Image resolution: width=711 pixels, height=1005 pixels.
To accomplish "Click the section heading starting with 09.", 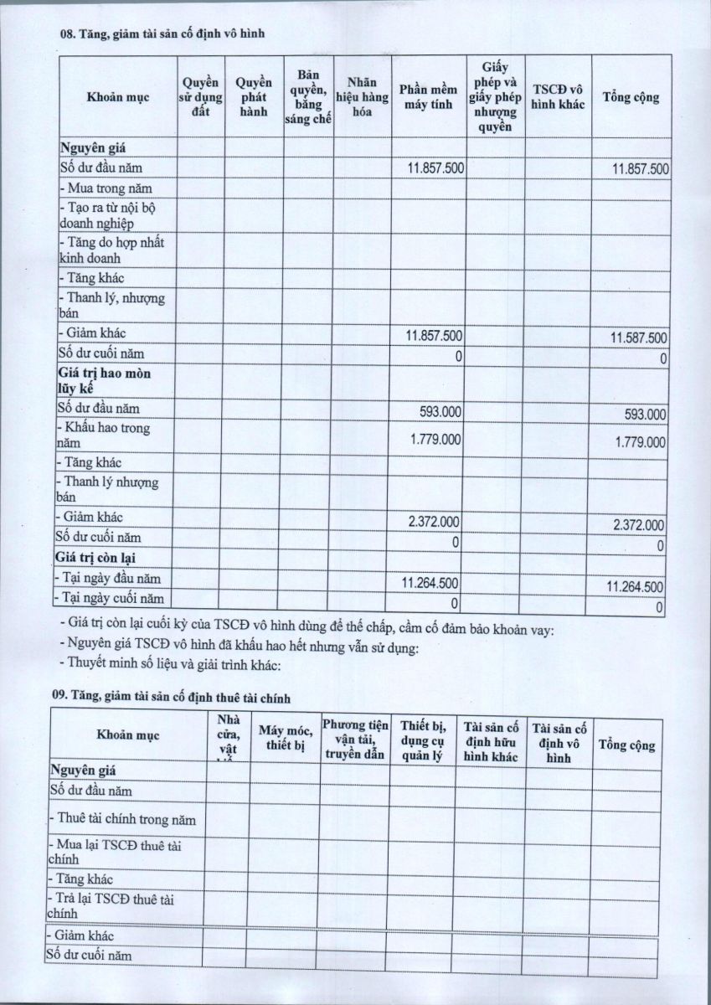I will (172, 694).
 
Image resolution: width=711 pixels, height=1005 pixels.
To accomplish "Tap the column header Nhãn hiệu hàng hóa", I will (362, 96).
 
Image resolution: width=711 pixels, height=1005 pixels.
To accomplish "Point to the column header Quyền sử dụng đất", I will (201, 96).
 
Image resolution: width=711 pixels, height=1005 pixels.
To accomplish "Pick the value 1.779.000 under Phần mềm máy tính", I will (434, 439).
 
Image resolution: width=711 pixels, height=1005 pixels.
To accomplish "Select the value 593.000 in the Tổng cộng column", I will (645, 414).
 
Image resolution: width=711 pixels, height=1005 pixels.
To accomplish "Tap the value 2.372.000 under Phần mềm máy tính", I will (434, 521).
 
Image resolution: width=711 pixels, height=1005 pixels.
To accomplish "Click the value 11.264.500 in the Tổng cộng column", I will (635, 587).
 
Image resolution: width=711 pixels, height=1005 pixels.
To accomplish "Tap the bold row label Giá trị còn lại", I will (95, 558).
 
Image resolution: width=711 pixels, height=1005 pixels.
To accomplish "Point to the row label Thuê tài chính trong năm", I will (123, 818).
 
